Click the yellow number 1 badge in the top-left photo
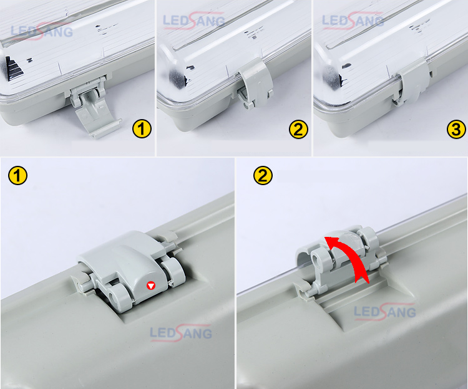pyautogui.click(x=142, y=129)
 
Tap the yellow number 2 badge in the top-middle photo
pyautogui.click(x=298, y=130)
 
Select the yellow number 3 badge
pyautogui.click(x=456, y=130)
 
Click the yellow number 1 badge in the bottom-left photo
pyautogui.click(x=18, y=175)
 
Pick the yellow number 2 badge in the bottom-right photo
pyautogui.click(x=263, y=175)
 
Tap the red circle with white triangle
pyautogui.click(x=151, y=286)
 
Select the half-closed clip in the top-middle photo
pyautogui.click(x=256, y=84)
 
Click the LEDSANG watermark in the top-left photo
pyautogui.click(x=41, y=31)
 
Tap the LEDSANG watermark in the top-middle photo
pyautogui.click(x=194, y=21)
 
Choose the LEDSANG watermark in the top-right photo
pyautogui.click(x=353, y=21)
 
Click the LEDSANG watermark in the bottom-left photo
pyautogui.click(x=181, y=332)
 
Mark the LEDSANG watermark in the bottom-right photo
pyautogui.click(x=385, y=311)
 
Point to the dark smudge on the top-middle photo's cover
pyautogui.click(x=177, y=79)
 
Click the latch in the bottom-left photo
pyautogui.click(x=130, y=269)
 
